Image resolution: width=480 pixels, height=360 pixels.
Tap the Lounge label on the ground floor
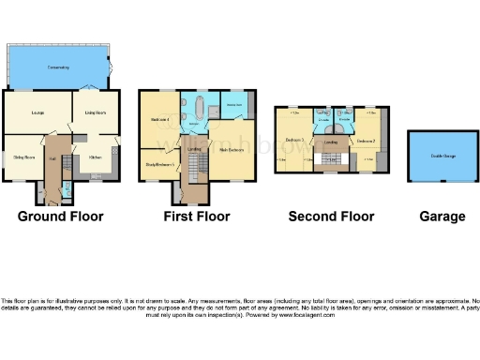pos(37,114)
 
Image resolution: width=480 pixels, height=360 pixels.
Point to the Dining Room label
pos(22,157)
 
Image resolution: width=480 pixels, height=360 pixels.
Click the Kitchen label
pos(96,157)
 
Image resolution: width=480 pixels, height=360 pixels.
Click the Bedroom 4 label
pos(159,120)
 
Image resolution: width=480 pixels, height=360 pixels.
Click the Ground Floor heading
pos(61,217)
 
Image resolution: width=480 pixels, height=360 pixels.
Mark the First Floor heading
pos(197,217)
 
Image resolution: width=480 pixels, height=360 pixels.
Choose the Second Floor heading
pos(331,217)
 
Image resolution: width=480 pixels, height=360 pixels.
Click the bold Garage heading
pos(442,217)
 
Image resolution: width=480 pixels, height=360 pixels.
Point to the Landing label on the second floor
pos(330,142)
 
